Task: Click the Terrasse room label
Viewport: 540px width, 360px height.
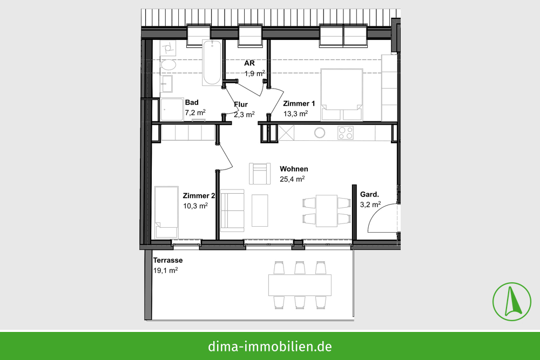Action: [x=168, y=261]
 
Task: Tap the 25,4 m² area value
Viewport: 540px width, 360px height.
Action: [x=292, y=179]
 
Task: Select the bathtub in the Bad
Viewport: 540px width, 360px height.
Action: [x=212, y=63]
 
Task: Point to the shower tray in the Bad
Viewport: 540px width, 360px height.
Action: [x=172, y=110]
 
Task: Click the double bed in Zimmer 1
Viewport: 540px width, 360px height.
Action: [x=342, y=94]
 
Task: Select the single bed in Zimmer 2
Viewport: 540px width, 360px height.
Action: [x=166, y=212]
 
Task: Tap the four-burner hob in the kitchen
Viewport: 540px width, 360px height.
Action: [x=346, y=133]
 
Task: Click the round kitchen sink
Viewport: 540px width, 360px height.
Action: [x=320, y=133]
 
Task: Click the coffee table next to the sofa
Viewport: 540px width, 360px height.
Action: [x=260, y=210]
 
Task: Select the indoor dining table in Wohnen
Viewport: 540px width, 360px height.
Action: [x=327, y=210]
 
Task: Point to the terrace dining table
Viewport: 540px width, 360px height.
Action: [x=300, y=285]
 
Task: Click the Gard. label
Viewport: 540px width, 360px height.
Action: [x=369, y=194]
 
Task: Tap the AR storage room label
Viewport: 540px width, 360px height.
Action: [x=249, y=63]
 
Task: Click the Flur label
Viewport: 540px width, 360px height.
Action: [x=241, y=104]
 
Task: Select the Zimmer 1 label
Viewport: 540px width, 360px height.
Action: [x=299, y=104]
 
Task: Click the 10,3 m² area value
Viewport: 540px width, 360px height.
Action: [x=195, y=206]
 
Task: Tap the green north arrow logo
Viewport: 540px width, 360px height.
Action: [x=512, y=302]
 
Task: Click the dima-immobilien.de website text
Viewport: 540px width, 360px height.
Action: [x=270, y=346]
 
